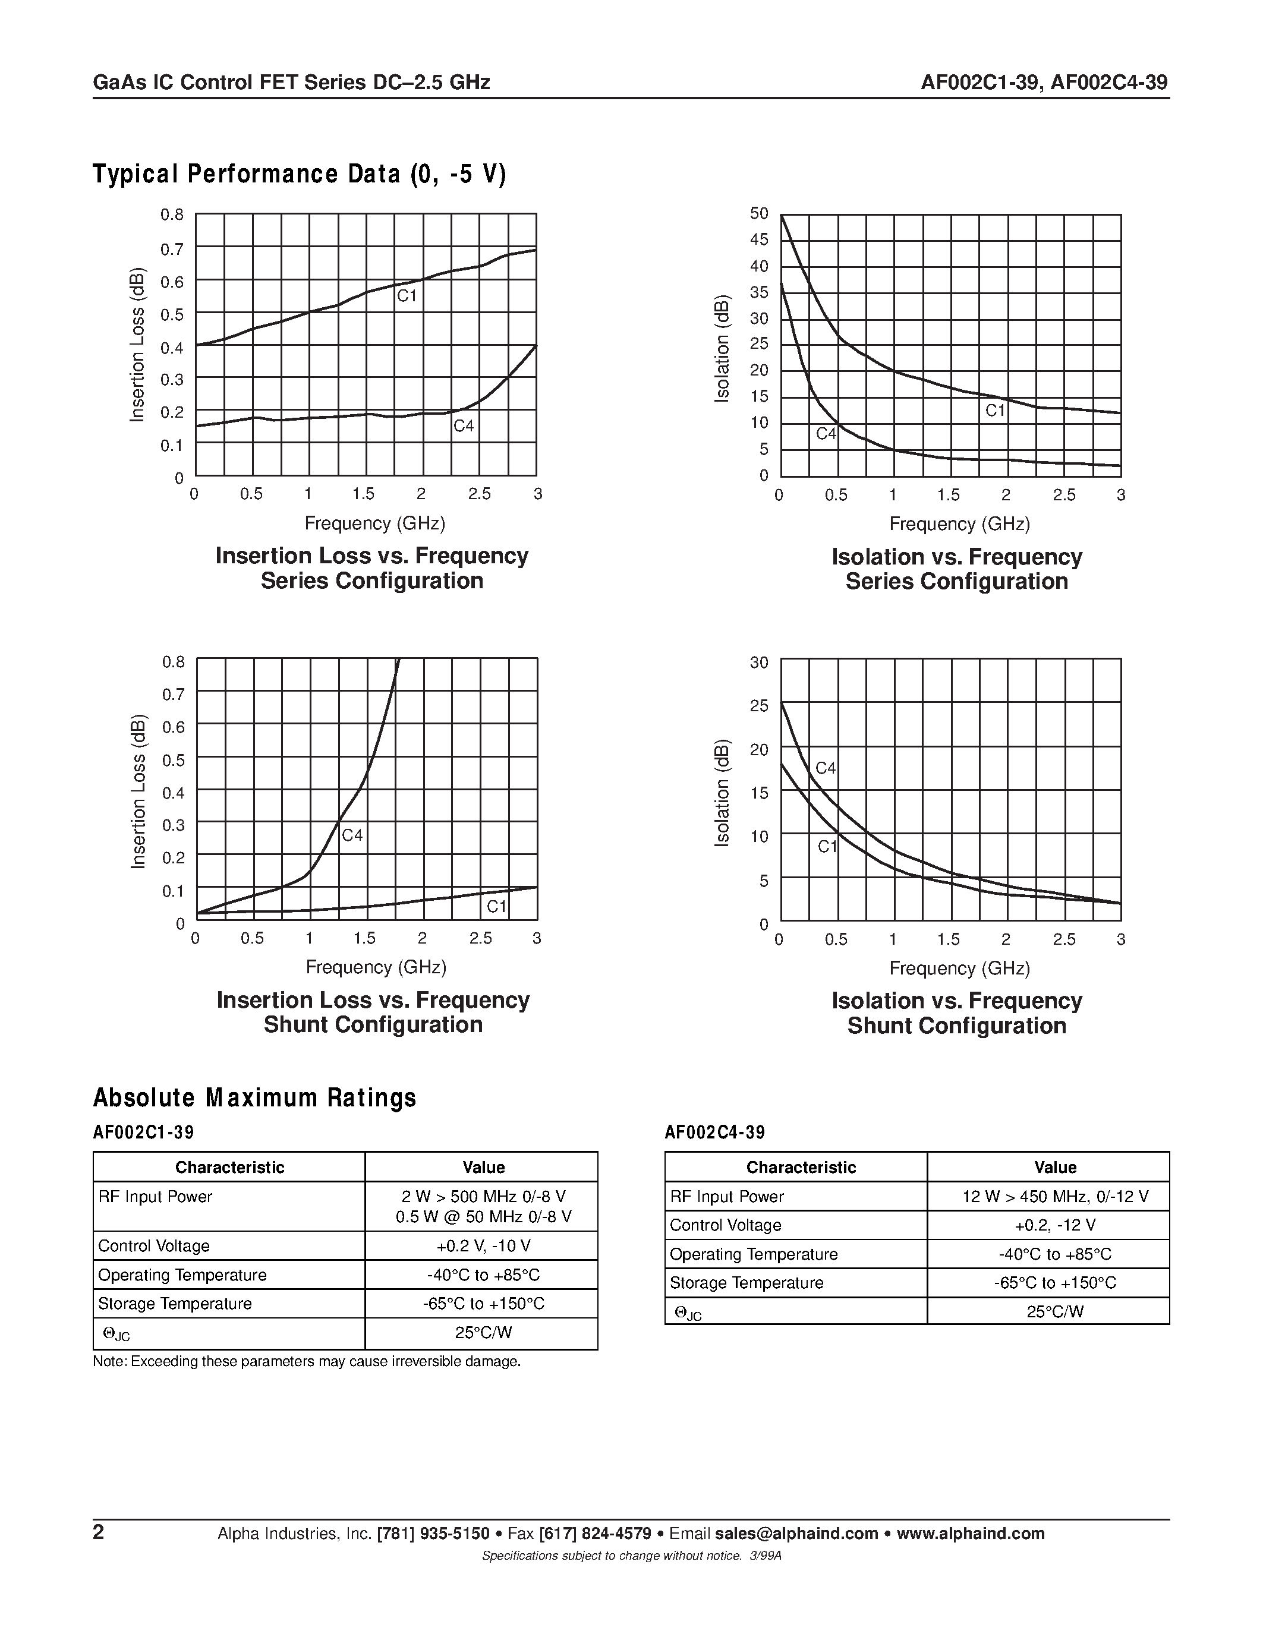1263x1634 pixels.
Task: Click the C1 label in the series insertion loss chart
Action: click(x=407, y=296)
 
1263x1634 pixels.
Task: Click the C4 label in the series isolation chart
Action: click(x=826, y=434)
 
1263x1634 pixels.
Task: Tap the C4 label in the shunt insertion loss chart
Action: click(x=352, y=835)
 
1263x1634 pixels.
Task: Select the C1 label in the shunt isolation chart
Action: click(x=827, y=847)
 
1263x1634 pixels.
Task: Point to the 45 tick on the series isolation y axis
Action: click(x=759, y=239)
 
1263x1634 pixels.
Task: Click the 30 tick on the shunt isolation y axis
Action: click(x=759, y=662)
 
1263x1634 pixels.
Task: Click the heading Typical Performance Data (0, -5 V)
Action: click(x=300, y=174)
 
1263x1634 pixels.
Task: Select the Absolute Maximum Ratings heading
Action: click(x=254, y=1097)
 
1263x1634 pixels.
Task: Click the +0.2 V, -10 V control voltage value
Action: click(x=483, y=1245)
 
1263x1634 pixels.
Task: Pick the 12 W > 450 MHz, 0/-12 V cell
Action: click(x=1055, y=1196)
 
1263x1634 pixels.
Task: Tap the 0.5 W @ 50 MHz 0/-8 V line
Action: click(x=483, y=1216)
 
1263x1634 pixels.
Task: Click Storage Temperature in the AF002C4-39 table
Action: click(x=746, y=1282)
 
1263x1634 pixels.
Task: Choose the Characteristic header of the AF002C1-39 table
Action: click(x=229, y=1167)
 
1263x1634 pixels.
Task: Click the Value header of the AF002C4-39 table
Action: click(x=1055, y=1167)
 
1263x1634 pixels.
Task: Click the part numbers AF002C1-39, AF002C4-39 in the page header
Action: click(x=1044, y=83)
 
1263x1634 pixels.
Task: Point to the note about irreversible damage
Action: click(x=307, y=1361)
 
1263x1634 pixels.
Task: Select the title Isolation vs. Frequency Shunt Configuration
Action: click(x=956, y=1013)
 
